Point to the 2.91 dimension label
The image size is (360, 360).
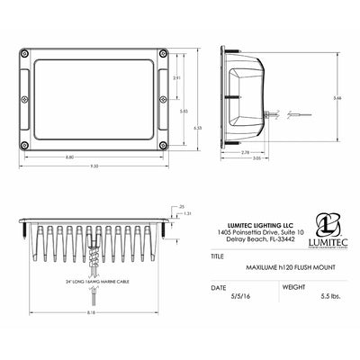point(177,79)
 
